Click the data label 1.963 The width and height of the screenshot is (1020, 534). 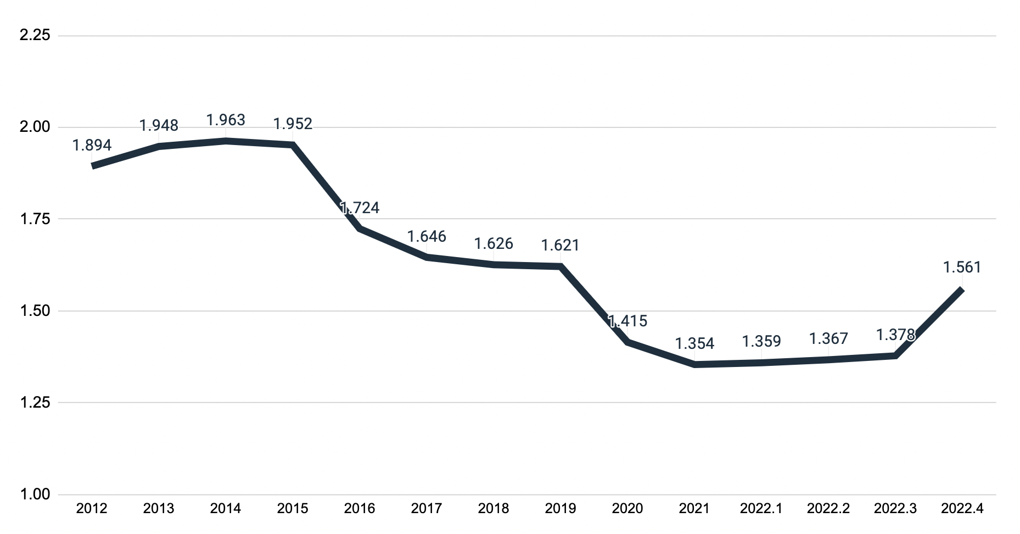tap(225, 120)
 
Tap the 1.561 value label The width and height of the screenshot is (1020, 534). tap(962, 268)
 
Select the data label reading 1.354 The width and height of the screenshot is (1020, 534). tap(694, 344)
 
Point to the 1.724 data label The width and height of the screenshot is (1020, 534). tap(360, 208)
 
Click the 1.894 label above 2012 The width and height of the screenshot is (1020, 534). tap(92, 145)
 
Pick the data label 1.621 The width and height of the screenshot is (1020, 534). tap(560, 245)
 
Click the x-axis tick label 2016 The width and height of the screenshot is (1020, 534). tap(360, 509)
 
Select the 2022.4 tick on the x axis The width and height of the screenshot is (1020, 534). tap(962, 509)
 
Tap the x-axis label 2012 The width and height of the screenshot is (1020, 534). tap(92, 509)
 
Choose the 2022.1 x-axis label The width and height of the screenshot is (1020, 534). tap(761, 509)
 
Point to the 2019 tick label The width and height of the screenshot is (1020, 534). tap(560, 509)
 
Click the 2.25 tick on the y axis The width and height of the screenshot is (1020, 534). tap(35, 35)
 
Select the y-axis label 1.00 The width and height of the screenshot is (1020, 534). tap(35, 494)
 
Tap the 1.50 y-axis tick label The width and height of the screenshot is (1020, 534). tap(35, 311)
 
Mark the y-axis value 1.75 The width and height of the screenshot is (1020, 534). tap(35, 219)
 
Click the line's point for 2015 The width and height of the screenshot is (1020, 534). tap(293, 145)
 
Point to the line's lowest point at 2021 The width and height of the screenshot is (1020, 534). tap(694, 364)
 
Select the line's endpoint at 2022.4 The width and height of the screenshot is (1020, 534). tap(962, 289)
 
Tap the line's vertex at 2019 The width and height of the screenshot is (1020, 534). tap(560, 266)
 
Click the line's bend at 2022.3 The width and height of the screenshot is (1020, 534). tap(895, 355)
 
